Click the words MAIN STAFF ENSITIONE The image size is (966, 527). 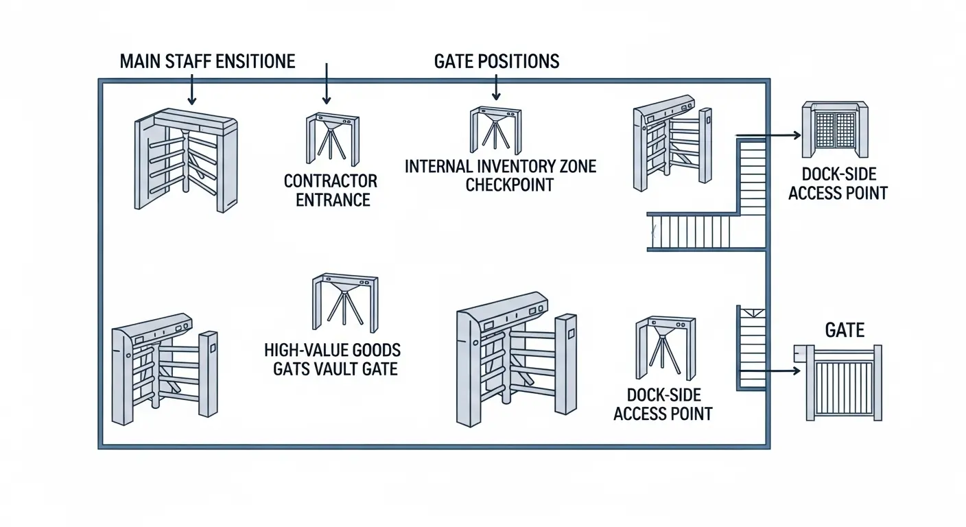(x=207, y=61)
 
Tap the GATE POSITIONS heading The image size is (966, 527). (x=497, y=61)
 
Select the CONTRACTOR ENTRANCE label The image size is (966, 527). (x=331, y=191)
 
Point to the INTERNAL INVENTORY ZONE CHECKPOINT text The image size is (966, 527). (x=500, y=176)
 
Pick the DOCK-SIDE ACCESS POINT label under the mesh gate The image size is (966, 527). (x=838, y=184)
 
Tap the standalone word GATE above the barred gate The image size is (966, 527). (x=845, y=330)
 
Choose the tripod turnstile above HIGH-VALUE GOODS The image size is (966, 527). (x=344, y=302)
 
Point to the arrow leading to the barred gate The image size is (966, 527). (x=770, y=371)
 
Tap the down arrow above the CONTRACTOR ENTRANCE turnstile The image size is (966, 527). (x=327, y=82)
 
